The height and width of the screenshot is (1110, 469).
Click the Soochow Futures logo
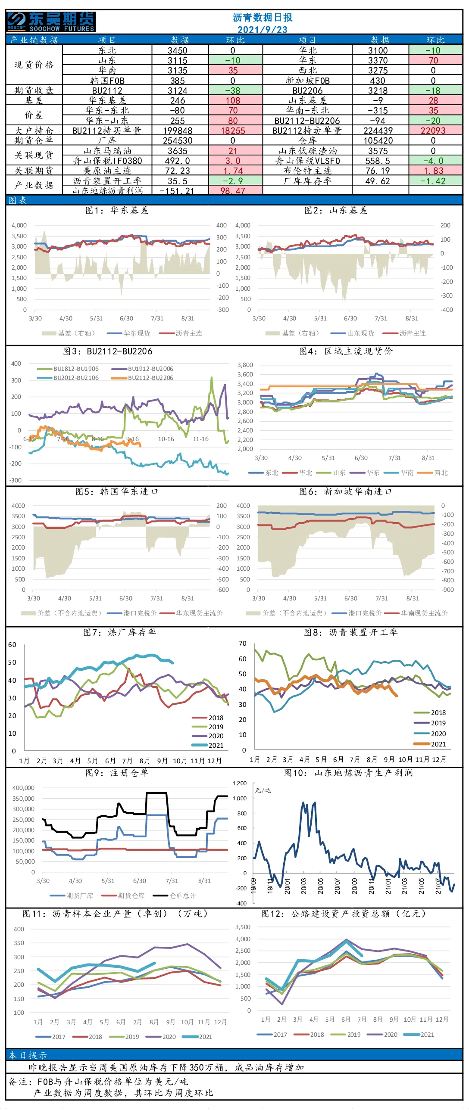coord(51,22)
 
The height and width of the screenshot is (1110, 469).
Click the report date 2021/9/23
coord(263,30)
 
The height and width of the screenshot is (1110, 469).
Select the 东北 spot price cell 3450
coord(178,50)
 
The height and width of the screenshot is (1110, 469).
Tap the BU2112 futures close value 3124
coord(178,90)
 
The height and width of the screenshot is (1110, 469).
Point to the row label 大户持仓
coord(34,131)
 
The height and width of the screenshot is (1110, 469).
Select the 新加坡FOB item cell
coord(307,81)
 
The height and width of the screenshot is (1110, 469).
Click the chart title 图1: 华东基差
coord(117,210)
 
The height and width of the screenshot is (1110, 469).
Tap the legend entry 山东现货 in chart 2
coord(353,333)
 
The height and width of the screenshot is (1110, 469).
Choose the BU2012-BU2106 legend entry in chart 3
coord(68,378)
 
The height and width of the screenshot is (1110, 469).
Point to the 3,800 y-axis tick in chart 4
coord(245,365)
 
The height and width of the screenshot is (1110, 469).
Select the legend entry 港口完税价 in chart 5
coord(132,613)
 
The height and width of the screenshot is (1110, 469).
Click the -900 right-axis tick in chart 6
coord(448,590)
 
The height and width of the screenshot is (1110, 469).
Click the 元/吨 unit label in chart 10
coord(263,790)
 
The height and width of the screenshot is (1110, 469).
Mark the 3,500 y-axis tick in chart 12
coord(243,927)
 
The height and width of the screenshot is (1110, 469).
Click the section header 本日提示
coord(28,1055)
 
